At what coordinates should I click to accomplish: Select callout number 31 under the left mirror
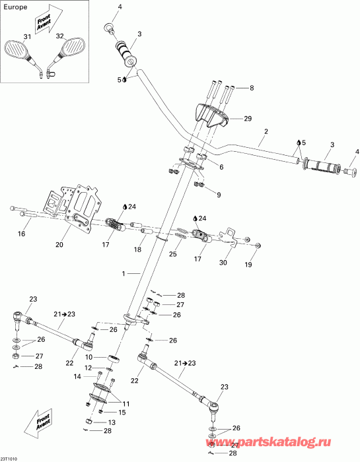(x=27, y=36)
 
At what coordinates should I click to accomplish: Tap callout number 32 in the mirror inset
(x=60, y=36)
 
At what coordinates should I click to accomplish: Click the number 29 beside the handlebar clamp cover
(x=248, y=119)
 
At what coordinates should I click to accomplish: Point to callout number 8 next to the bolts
(x=250, y=86)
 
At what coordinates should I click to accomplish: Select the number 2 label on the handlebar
(x=265, y=131)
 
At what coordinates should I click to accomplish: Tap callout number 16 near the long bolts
(x=21, y=234)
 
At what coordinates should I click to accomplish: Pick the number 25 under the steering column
(x=173, y=253)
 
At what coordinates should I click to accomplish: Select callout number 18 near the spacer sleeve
(x=137, y=249)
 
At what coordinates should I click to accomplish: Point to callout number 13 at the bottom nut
(x=112, y=422)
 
